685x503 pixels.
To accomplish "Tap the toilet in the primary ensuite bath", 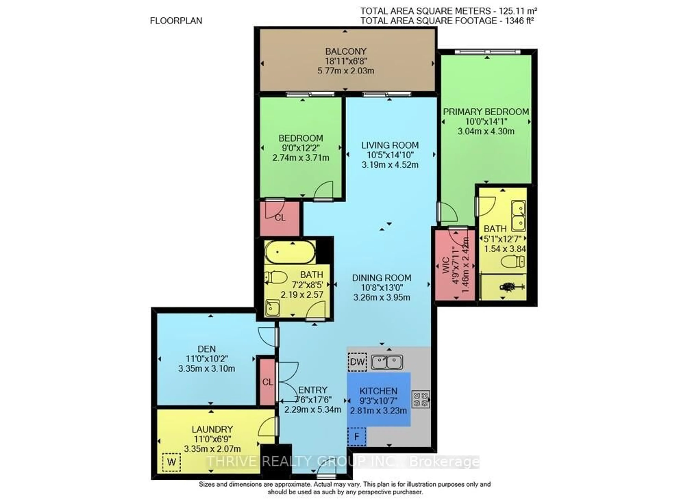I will tap(513, 261).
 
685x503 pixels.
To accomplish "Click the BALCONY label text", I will tap(346, 52).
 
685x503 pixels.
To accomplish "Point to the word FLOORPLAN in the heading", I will tap(176, 21).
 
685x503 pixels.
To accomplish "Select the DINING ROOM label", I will tap(382, 278).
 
